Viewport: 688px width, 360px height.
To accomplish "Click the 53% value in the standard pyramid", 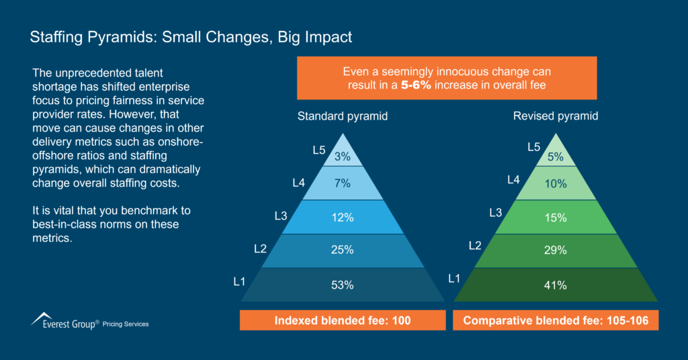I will tap(342, 285).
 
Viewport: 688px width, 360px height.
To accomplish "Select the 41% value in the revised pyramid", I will tap(556, 285).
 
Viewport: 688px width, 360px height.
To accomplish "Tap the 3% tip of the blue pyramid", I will tap(342, 156).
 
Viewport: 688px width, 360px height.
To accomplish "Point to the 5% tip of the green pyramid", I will tap(556, 156).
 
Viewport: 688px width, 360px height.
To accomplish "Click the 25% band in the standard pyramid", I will tap(342, 251).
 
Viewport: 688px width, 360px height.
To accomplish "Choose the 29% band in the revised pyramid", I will tap(556, 251).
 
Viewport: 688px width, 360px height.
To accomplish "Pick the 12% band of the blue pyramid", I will tap(342, 218).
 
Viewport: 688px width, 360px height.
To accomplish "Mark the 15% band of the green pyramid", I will tap(556, 218).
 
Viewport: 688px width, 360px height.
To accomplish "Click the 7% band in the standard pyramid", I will tap(342, 183).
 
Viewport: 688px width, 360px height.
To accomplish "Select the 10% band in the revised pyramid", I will tap(556, 183).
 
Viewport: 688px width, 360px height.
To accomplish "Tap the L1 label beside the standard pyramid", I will tap(239, 281).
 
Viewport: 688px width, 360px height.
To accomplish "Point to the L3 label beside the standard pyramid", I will tap(281, 215).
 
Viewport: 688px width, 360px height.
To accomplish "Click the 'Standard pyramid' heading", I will tap(343, 116).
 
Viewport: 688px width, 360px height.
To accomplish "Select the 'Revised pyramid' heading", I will tap(556, 116).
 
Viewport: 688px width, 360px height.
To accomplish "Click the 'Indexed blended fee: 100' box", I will tap(343, 320).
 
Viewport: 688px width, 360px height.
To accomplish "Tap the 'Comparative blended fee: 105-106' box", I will tap(556, 320).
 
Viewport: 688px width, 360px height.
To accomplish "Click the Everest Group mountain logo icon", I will tap(42, 318).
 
